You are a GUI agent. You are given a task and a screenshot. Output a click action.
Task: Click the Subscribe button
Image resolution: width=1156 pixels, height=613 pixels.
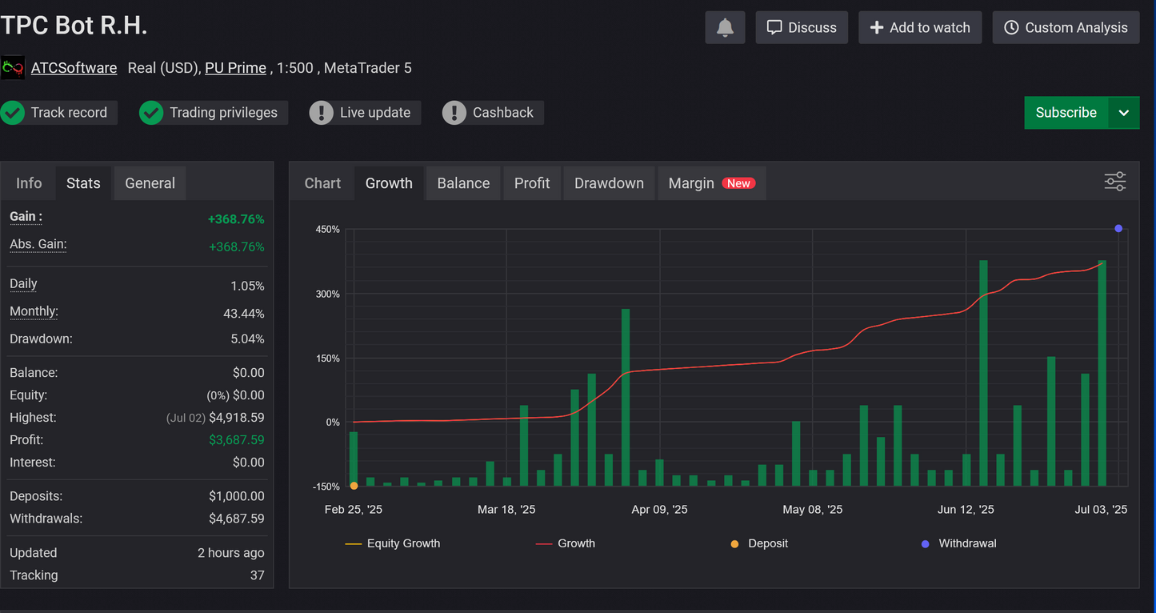1066,113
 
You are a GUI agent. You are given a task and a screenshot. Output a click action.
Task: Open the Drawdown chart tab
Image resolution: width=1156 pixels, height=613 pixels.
609,183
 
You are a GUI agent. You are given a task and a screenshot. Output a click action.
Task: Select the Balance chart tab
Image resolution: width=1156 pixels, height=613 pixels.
463,183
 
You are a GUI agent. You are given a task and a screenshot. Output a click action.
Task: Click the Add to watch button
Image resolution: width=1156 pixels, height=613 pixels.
920,27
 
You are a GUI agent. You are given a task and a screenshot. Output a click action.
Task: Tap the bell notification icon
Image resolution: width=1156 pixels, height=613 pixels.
725,27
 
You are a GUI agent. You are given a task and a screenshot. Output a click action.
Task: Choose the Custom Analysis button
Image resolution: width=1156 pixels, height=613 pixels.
1066,27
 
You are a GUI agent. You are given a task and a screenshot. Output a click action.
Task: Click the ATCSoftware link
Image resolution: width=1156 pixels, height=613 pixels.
74,68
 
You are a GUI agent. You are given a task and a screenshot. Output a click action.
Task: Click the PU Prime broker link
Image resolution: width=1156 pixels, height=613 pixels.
235,68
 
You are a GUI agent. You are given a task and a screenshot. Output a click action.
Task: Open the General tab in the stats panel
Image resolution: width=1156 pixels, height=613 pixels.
150,183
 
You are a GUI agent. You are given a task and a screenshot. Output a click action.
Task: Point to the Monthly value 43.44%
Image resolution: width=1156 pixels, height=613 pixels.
243,314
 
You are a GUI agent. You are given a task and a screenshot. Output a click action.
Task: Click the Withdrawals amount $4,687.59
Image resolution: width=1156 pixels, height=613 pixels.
236,519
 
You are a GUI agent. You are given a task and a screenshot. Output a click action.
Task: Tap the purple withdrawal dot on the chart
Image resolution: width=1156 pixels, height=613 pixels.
1118,229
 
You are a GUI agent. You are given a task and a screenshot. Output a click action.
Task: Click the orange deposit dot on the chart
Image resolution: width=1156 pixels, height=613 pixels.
354,486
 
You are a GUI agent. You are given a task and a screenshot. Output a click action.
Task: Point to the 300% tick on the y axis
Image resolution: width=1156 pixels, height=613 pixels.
327,294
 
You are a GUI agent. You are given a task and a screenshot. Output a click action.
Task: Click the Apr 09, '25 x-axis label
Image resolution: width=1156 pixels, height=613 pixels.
659,509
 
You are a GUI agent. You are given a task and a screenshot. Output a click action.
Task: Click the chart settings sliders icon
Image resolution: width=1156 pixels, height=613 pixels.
1114,182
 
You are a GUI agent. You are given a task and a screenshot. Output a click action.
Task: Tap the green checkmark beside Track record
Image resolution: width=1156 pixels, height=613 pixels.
13,113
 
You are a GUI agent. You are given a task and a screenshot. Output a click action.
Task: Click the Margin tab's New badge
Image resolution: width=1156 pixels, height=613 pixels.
738,183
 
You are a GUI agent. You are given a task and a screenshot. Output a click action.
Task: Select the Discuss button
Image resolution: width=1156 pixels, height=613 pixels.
802,27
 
